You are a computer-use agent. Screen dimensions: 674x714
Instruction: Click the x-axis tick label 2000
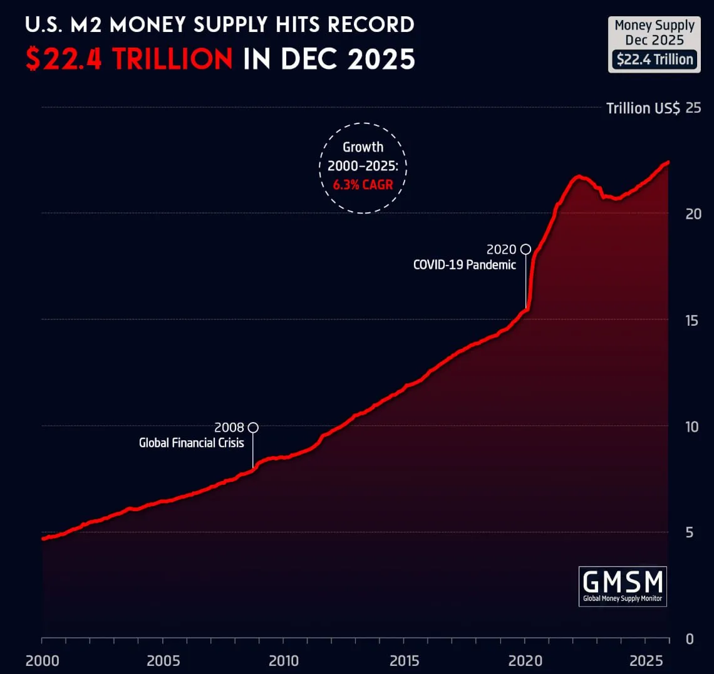(42, 661)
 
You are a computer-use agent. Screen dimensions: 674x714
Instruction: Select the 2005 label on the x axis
(163, 661)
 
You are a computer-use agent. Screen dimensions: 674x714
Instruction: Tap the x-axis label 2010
(284, 661)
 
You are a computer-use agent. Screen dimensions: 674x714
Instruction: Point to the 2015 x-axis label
(405, 661)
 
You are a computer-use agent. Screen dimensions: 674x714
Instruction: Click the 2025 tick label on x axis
(646, 661)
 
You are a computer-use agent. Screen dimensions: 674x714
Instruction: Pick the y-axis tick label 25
(693, 108)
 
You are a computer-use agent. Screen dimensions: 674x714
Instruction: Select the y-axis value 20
(693, 214)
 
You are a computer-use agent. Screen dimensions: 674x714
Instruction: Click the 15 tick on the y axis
(692, 320)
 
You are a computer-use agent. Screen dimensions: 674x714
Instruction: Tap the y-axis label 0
(690, 639)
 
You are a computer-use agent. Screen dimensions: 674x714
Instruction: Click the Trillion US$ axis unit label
(643, 108)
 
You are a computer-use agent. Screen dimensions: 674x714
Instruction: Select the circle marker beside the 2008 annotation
(253, 428)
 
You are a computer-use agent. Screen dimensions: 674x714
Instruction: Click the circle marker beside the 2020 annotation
(525, 249)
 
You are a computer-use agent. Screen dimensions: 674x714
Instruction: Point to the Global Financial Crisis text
(191, 443)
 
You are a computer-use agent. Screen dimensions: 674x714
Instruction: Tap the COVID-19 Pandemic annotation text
(464, 265)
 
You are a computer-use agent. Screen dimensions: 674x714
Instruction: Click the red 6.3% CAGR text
(363, 185)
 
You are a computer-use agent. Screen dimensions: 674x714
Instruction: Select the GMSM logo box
(623, 586)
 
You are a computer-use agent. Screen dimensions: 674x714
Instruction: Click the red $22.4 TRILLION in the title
(129, 60)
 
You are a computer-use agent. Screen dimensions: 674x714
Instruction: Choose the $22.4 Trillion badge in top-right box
(654, 60)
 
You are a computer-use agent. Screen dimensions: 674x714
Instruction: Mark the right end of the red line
(668, 162)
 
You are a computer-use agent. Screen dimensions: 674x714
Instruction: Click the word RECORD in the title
(371, 24)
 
